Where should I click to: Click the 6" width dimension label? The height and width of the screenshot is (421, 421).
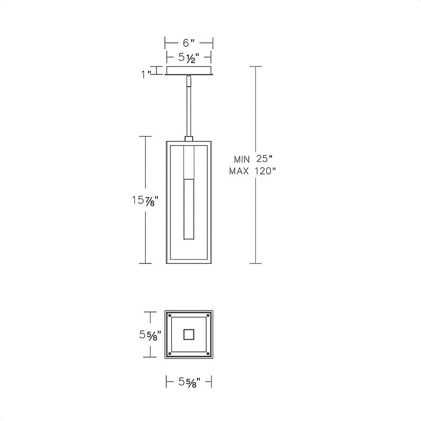[189, 43]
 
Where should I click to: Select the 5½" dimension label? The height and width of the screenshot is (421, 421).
[189, 58]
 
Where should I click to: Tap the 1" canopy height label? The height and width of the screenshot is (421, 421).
[147, 74]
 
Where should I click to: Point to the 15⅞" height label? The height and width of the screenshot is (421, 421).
[145, 201]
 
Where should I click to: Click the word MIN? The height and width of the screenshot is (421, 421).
[242, 159]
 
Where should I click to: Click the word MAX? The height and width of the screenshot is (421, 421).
[239, 171]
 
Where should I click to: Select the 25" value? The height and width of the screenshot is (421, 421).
[264, 159]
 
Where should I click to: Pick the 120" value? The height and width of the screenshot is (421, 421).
[265, 171]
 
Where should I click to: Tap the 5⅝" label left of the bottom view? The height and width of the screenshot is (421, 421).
[150, 335]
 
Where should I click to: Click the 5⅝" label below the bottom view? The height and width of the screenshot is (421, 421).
[189, 382]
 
